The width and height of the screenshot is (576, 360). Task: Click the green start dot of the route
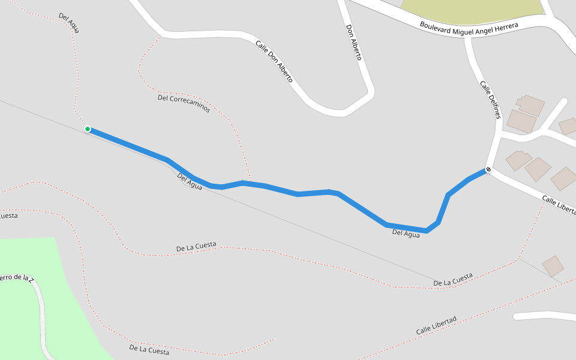(x=88, y=129)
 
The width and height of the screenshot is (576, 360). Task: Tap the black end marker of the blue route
(x=488, y=170)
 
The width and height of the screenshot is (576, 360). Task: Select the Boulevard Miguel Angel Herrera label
(x=469, y=27)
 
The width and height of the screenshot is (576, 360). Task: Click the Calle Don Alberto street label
(x=274, y=61)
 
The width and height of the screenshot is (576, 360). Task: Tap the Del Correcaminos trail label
(x=184, y=103)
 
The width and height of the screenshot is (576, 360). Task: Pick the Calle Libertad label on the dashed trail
(x=436, y=326)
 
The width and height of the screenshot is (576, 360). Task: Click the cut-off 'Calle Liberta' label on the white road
(x=558, y=205)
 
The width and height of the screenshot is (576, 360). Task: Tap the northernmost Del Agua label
(x=69, y=23)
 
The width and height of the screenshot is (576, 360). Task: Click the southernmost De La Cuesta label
(x=149, y=349)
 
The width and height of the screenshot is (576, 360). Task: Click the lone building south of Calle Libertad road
(x=553, y=266)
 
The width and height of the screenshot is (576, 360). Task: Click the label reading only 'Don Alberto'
(x=354, y=42)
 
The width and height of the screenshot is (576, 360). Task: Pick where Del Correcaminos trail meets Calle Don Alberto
(x=161, y=37)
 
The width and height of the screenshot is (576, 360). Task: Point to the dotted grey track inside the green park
(x=42, y=318)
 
